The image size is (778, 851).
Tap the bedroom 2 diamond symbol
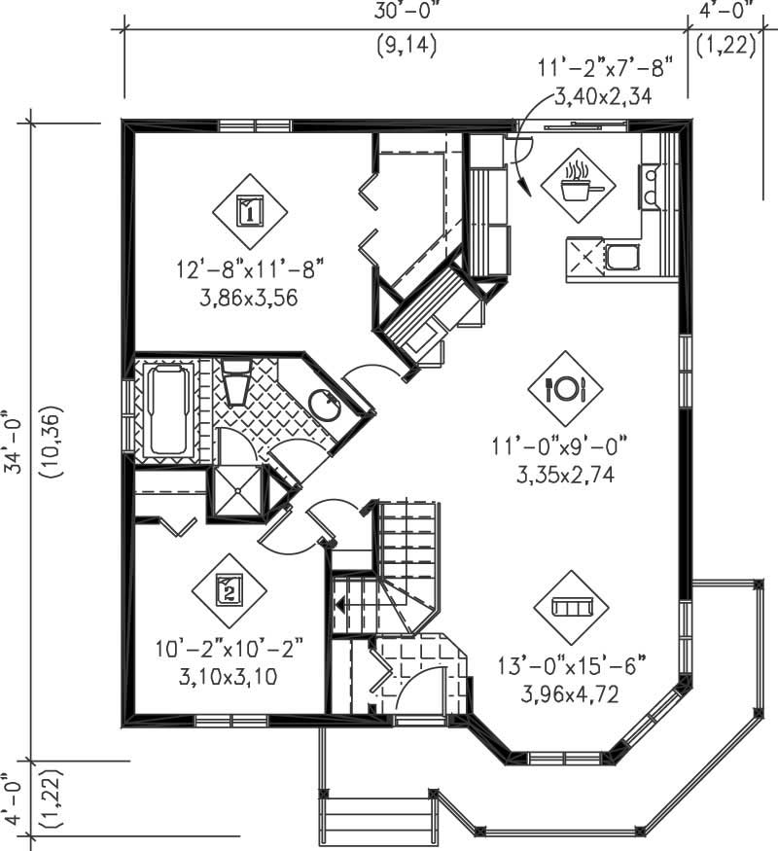click(229, 589)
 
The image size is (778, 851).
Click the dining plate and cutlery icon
click(565, 388)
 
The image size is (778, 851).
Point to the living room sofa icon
click(571, 607)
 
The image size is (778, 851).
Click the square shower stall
click(237, 492)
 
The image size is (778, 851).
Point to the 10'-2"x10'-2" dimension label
click(229, 648)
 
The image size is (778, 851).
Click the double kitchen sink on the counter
click(649, 186)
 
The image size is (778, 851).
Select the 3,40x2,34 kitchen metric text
click(601, 95)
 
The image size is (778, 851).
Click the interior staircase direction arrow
click(342, 604)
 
